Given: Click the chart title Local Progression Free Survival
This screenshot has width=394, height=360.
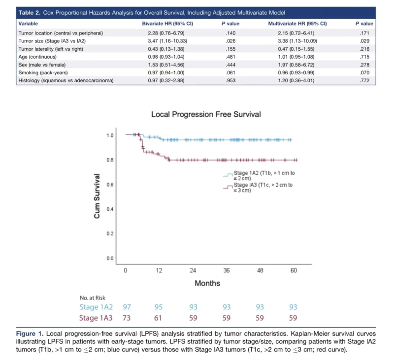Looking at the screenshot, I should pyautogui.click(x=205, y=114).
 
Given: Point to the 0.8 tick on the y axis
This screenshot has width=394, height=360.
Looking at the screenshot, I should pyautogui.click(x=110, y=160).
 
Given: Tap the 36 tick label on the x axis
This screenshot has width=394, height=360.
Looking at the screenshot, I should pyautogui.click(x=227, y=271).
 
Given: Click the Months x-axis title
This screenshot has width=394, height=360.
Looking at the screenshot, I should pyautogui.click(x=207, y=283).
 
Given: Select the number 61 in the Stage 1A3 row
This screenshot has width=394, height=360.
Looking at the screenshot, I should pyautogui.click(x=159, y=318).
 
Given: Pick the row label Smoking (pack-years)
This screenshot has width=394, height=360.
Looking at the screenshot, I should pyautogui.click(x=45, y=72).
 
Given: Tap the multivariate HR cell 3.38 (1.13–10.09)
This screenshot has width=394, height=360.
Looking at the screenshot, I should pyautogui.click(x=295, y=41).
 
